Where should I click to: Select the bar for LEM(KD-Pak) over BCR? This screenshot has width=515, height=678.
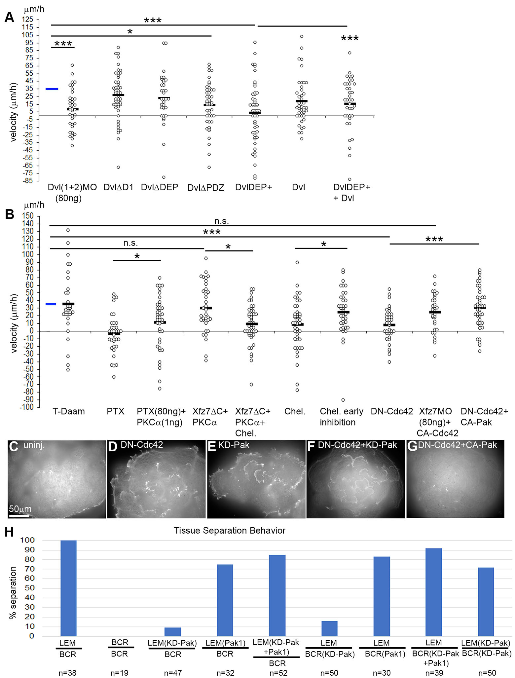coord(173,631)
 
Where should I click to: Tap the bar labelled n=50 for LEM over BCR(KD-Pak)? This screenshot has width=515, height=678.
coord(329,628)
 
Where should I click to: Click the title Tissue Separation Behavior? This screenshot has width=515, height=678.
coord(230,531)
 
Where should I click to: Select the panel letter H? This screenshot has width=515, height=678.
coord(9,532)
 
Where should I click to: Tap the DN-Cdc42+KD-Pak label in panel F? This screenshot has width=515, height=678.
coord(357,445)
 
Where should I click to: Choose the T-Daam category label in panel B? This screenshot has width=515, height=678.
coord(69,411)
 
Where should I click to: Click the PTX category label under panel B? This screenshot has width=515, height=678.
coord(116,411)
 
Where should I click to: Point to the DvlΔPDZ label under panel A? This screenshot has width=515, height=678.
coord(206,188)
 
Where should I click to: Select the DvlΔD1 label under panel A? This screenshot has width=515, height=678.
coord(118,187)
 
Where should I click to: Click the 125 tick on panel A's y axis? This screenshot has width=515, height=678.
coord(28,19)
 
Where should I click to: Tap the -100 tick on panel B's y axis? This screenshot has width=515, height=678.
coord(26,407)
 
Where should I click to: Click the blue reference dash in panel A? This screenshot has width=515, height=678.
coord(52,89)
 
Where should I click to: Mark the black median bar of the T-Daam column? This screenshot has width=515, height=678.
coord(68,304)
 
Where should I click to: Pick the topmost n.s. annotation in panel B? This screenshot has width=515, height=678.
coord(221,221)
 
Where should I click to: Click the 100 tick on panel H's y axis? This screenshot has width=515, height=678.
coord(27,540)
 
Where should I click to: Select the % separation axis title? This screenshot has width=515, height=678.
coord(13,592)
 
